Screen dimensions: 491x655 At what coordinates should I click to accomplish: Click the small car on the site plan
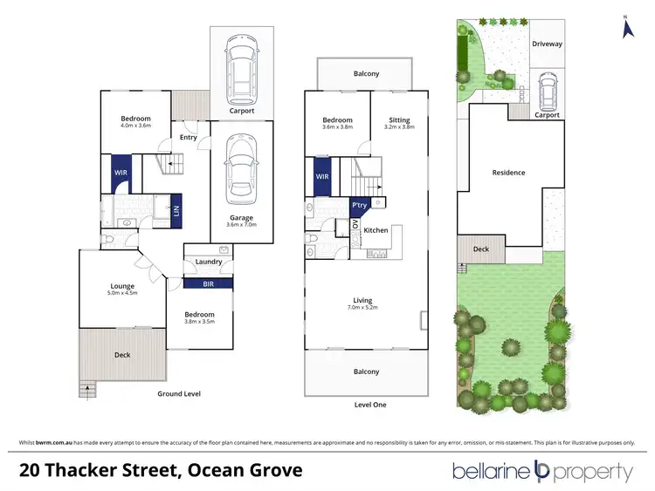[x=547, y=88]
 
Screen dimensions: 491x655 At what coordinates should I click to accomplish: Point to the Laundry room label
[x=207, y=262]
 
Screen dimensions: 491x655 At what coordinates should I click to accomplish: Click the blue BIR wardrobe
[x=208, y=283]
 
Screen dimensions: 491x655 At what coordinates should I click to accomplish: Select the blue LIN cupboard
[x=176, y=209]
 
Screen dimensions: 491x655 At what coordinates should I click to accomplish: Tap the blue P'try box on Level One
[x=358, y=205]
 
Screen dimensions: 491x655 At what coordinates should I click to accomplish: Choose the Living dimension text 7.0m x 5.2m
[x=365, y=307]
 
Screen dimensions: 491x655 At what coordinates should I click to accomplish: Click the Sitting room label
[x=397, y=120]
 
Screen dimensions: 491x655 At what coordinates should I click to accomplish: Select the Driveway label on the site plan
[x=547, y=43]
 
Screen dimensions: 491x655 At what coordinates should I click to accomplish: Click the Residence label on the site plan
[x=508, y=173]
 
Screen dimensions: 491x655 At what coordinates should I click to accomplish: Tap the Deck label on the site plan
[x=481, y=249]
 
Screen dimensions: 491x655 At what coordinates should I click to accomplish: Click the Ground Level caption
[x=179, y=394]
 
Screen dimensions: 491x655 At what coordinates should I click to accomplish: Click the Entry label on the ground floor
[x=188, y=137]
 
